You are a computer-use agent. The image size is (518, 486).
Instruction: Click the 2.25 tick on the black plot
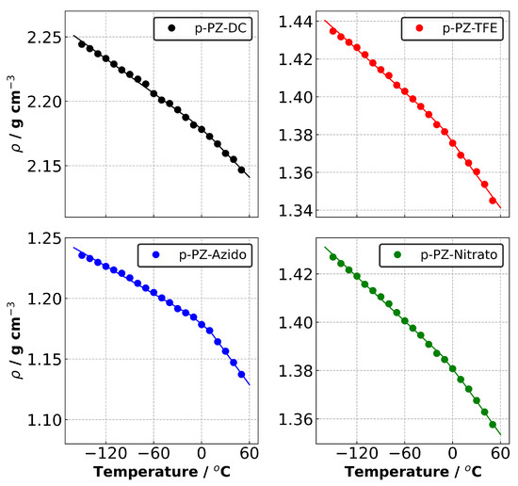[x=48, y=39]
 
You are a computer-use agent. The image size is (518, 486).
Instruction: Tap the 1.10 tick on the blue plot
[x=48, y=420]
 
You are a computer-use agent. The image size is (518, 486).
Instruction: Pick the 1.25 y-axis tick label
[x=48, y=239]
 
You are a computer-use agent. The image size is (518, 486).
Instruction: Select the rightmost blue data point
[x=242, y=374]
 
